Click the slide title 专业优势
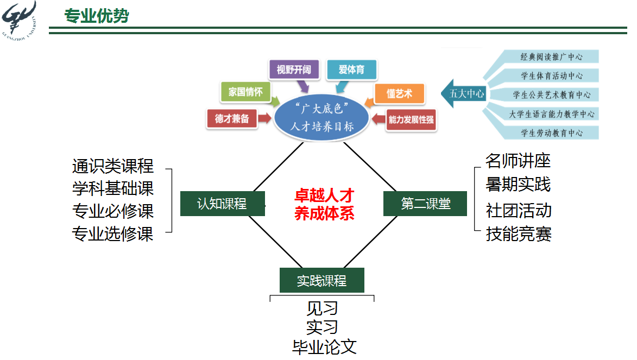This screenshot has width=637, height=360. pyautogui.click(x=96, y=16)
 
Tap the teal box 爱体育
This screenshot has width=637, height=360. pyautogui.click(x=351, y=70)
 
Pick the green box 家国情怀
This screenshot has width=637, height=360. pyautogui.click(x=245, y=92)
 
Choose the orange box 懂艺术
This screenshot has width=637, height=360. pyautogui.click(x=399, y=93)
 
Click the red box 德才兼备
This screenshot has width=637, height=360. pyautogui.click(x=231, y=119)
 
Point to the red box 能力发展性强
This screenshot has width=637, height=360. pyautogui.click(x=411, y=119)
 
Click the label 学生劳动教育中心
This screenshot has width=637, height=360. pyautogui.click(x=552, y=132)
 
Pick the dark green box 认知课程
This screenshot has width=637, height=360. pyautogui.click(x=222, y=204)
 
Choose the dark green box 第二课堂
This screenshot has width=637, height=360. pyautogui.click(x=425, y=204)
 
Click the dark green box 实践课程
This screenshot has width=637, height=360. pyautogui.click(x=321, y=280)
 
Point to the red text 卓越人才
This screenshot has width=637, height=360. pyautogui.click(x=324, y=195)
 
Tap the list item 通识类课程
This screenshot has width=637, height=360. pyautogui.click(x=113, y=166)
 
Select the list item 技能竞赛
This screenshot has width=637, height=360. pyautogui.click(x=519, y=234)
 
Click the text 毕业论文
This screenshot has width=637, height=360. pyautogui.click(x=324, y=347)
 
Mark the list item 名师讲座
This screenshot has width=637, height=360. pyautogui.click(x=518, y=161)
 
